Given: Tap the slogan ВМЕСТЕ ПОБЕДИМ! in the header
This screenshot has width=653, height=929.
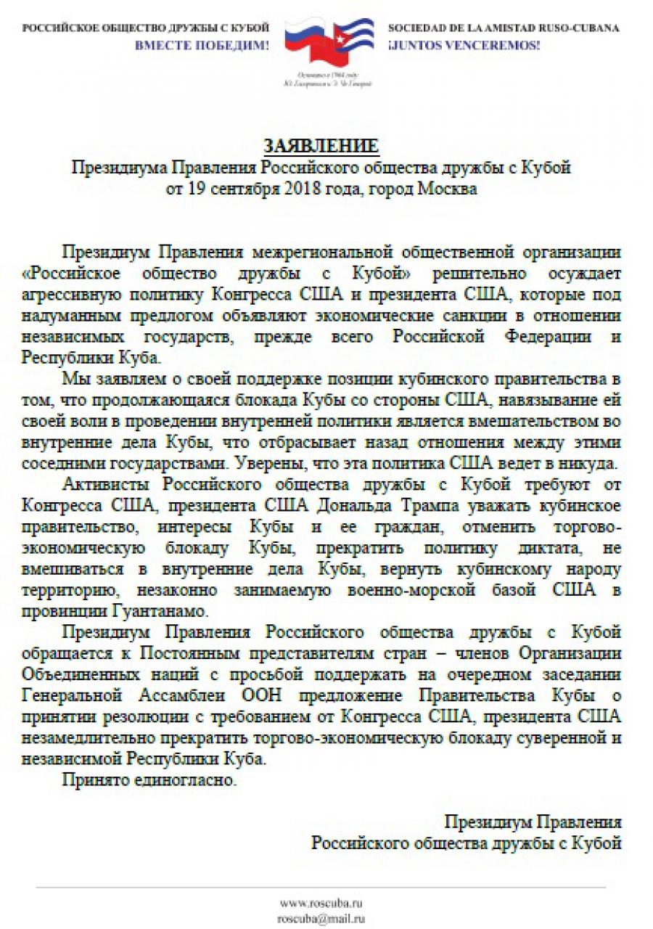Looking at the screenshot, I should [202, 45].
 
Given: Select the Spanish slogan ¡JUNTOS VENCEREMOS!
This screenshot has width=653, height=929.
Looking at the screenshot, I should [464, 45].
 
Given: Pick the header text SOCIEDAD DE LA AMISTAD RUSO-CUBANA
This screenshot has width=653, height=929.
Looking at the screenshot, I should [504, 28].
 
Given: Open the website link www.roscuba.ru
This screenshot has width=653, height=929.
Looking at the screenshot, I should [321, 903].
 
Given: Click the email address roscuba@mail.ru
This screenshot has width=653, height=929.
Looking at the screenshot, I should [321, 918].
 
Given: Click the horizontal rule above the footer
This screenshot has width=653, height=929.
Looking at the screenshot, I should [321, 887].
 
